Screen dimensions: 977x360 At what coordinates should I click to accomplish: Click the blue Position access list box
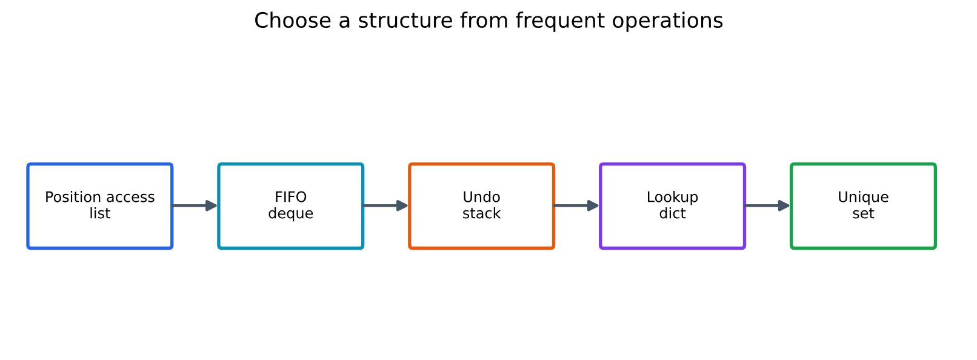point(100,206)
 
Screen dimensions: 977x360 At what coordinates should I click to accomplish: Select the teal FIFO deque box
point(290,206)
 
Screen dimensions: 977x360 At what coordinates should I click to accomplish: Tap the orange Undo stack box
point(481,206)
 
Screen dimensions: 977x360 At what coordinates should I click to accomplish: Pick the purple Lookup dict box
point(673,206)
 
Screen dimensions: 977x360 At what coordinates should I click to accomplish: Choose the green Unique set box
point(863,206)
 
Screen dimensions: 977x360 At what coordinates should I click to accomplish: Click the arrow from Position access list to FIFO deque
point(195,205)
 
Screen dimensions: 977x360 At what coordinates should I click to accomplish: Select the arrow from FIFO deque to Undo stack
point(385,205)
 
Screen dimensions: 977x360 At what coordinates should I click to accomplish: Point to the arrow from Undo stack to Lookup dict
point(576,205)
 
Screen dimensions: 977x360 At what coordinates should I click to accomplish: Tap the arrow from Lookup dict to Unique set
point(767,205)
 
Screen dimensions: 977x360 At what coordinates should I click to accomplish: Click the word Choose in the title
point(293,21)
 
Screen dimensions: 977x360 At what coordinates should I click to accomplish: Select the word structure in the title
point(405,21)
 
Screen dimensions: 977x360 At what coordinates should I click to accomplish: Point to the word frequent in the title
point(560,22)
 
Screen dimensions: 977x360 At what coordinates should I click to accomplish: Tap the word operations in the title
point(667,22)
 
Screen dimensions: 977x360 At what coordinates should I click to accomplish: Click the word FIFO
point(290,197)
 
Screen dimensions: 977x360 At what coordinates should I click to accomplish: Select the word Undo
point(481,197)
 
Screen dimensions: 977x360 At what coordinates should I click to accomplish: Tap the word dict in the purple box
point(673,213)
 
